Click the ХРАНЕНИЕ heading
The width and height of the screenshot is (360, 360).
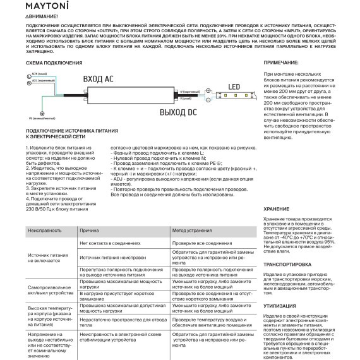click(x=276, y=209)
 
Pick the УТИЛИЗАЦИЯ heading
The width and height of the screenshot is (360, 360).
click(x=279, y=305)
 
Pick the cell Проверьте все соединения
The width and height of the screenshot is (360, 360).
click(x=203, y=243)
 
